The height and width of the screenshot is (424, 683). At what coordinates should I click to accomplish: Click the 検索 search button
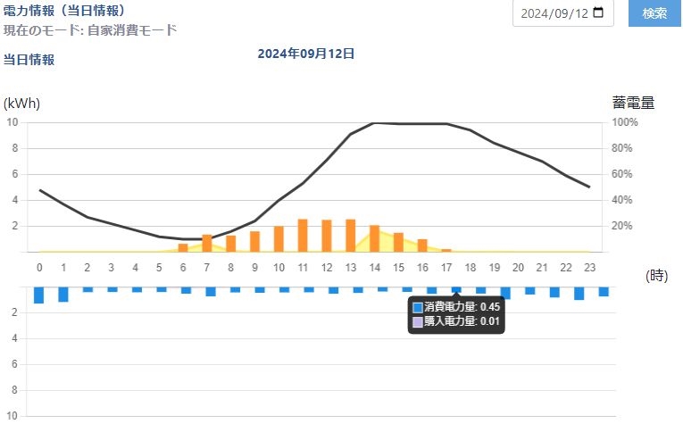click(654, 13)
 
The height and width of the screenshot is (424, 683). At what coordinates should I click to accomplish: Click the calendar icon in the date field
click(597, 13)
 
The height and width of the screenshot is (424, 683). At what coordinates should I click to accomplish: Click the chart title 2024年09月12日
click(306, 54)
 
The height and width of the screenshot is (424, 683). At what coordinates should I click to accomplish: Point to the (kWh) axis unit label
click(22, 104)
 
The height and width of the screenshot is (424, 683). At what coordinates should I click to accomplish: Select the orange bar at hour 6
click(183, 247)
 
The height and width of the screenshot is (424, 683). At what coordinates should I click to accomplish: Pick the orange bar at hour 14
click(374, 238)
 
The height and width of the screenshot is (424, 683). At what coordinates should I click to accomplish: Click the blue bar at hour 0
click(39, 295)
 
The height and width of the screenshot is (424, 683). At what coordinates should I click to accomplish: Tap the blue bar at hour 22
click(579, 294)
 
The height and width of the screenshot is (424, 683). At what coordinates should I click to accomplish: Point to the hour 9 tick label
click(254, 267)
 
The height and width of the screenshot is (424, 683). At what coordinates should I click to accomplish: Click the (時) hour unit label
click(656, 276)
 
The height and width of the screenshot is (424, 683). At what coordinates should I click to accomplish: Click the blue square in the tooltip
click(418, 307)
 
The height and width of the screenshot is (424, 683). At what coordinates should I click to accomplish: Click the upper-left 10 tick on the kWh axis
click(12, 122)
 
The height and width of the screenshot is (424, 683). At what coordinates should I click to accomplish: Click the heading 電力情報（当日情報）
click(63, 11)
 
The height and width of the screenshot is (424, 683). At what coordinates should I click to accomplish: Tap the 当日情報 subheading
click(29, 60)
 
